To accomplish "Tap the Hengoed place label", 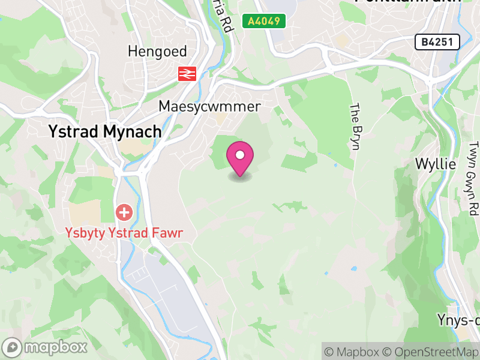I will (x=157, y=52).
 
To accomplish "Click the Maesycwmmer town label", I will (x=209, y=106).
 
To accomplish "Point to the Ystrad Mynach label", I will (x=105, y=131).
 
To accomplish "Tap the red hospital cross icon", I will (x=124, y=212).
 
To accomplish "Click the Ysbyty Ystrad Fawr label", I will (x=124, y=232).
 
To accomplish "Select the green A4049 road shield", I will (x=263, y=21).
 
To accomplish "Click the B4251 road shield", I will (x=437, y=41).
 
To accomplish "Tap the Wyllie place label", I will (x=436, y=164).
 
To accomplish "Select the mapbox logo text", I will (x=55, y=347).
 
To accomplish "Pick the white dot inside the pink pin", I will (x=240, y=155).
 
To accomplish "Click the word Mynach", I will (x=133, y=131).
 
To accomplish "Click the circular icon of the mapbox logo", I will (x=13, y=347).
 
